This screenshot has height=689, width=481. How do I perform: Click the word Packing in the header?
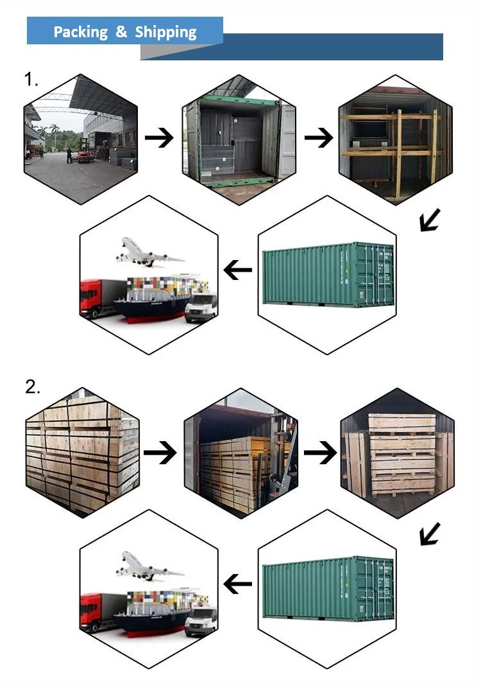(x=80, y=31)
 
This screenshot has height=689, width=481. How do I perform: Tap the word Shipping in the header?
(x=165, y=32)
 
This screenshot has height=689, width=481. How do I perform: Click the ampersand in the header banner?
(x=121, y=31)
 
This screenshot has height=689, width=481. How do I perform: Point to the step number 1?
(x=31, y=80)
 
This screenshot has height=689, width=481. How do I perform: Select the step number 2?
(x=32, y=387)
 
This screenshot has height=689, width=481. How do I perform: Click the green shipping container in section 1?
(x=327, y=275)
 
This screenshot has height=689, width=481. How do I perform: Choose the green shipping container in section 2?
(x=327, y=588)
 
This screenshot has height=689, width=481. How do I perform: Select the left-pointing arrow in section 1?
(x=238, y=271)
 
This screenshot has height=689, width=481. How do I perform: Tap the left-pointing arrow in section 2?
(x=238, y=584)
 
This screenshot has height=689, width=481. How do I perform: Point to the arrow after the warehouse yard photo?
(x=160, y=138)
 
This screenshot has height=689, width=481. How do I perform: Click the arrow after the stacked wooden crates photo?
(x=160, y=453)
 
